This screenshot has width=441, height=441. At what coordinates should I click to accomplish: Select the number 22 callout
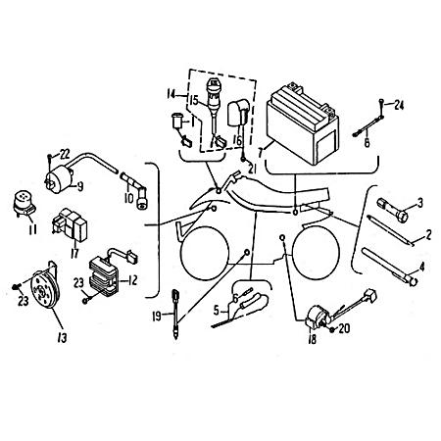(65, 152)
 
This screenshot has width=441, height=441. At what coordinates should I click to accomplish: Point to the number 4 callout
(422, 266)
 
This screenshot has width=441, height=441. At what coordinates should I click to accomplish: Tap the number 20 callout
(347, 328)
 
